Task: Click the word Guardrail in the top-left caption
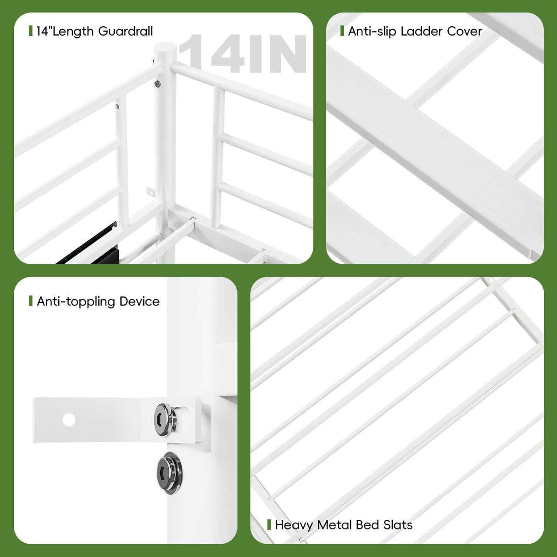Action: click(x=125, y=31)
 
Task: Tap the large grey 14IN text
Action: click(x=242, y=54)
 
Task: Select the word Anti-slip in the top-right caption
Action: click(x=372, y=31)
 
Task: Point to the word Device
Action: click(x=139, y=301)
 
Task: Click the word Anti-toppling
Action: click(x=76, y=301)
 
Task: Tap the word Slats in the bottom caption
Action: click(x=397, y=525)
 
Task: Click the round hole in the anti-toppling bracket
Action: click(x=69, y=419)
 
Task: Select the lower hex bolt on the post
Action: click(x=171, y=473)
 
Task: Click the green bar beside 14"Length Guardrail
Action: click(x=30, y=31)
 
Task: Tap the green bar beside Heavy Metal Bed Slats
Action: click(x=269, y=524)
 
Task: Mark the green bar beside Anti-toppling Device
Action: click(x=30, y=301)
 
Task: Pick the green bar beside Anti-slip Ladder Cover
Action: click(x=342, y=31)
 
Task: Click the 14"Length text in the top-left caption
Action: click(x=65, y=31)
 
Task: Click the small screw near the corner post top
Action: click(x=157, y=84)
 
